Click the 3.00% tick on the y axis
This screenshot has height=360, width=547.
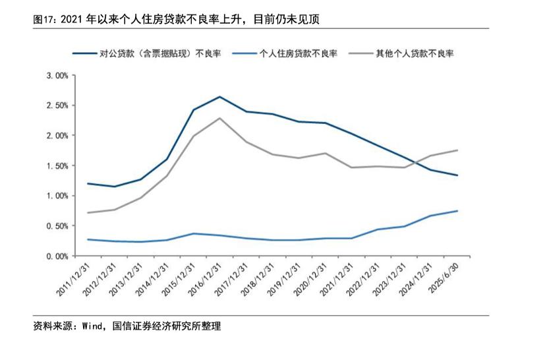(59, 75)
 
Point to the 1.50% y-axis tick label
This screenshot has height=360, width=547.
(59, 165)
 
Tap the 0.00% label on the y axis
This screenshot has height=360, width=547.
(59, 256)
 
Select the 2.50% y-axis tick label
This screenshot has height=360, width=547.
(59, 105)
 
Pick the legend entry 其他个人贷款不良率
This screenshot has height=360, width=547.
(415, 53)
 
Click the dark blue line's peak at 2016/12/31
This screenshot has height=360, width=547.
(219, 97)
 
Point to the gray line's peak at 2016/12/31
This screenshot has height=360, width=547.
(219, 118)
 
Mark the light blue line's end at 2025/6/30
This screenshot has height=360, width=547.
(457, 211)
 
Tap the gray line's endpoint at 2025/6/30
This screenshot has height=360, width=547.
(457, 150)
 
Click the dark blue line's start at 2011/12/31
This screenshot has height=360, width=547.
(88, 183)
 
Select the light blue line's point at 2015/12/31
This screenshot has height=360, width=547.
(193, 233)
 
